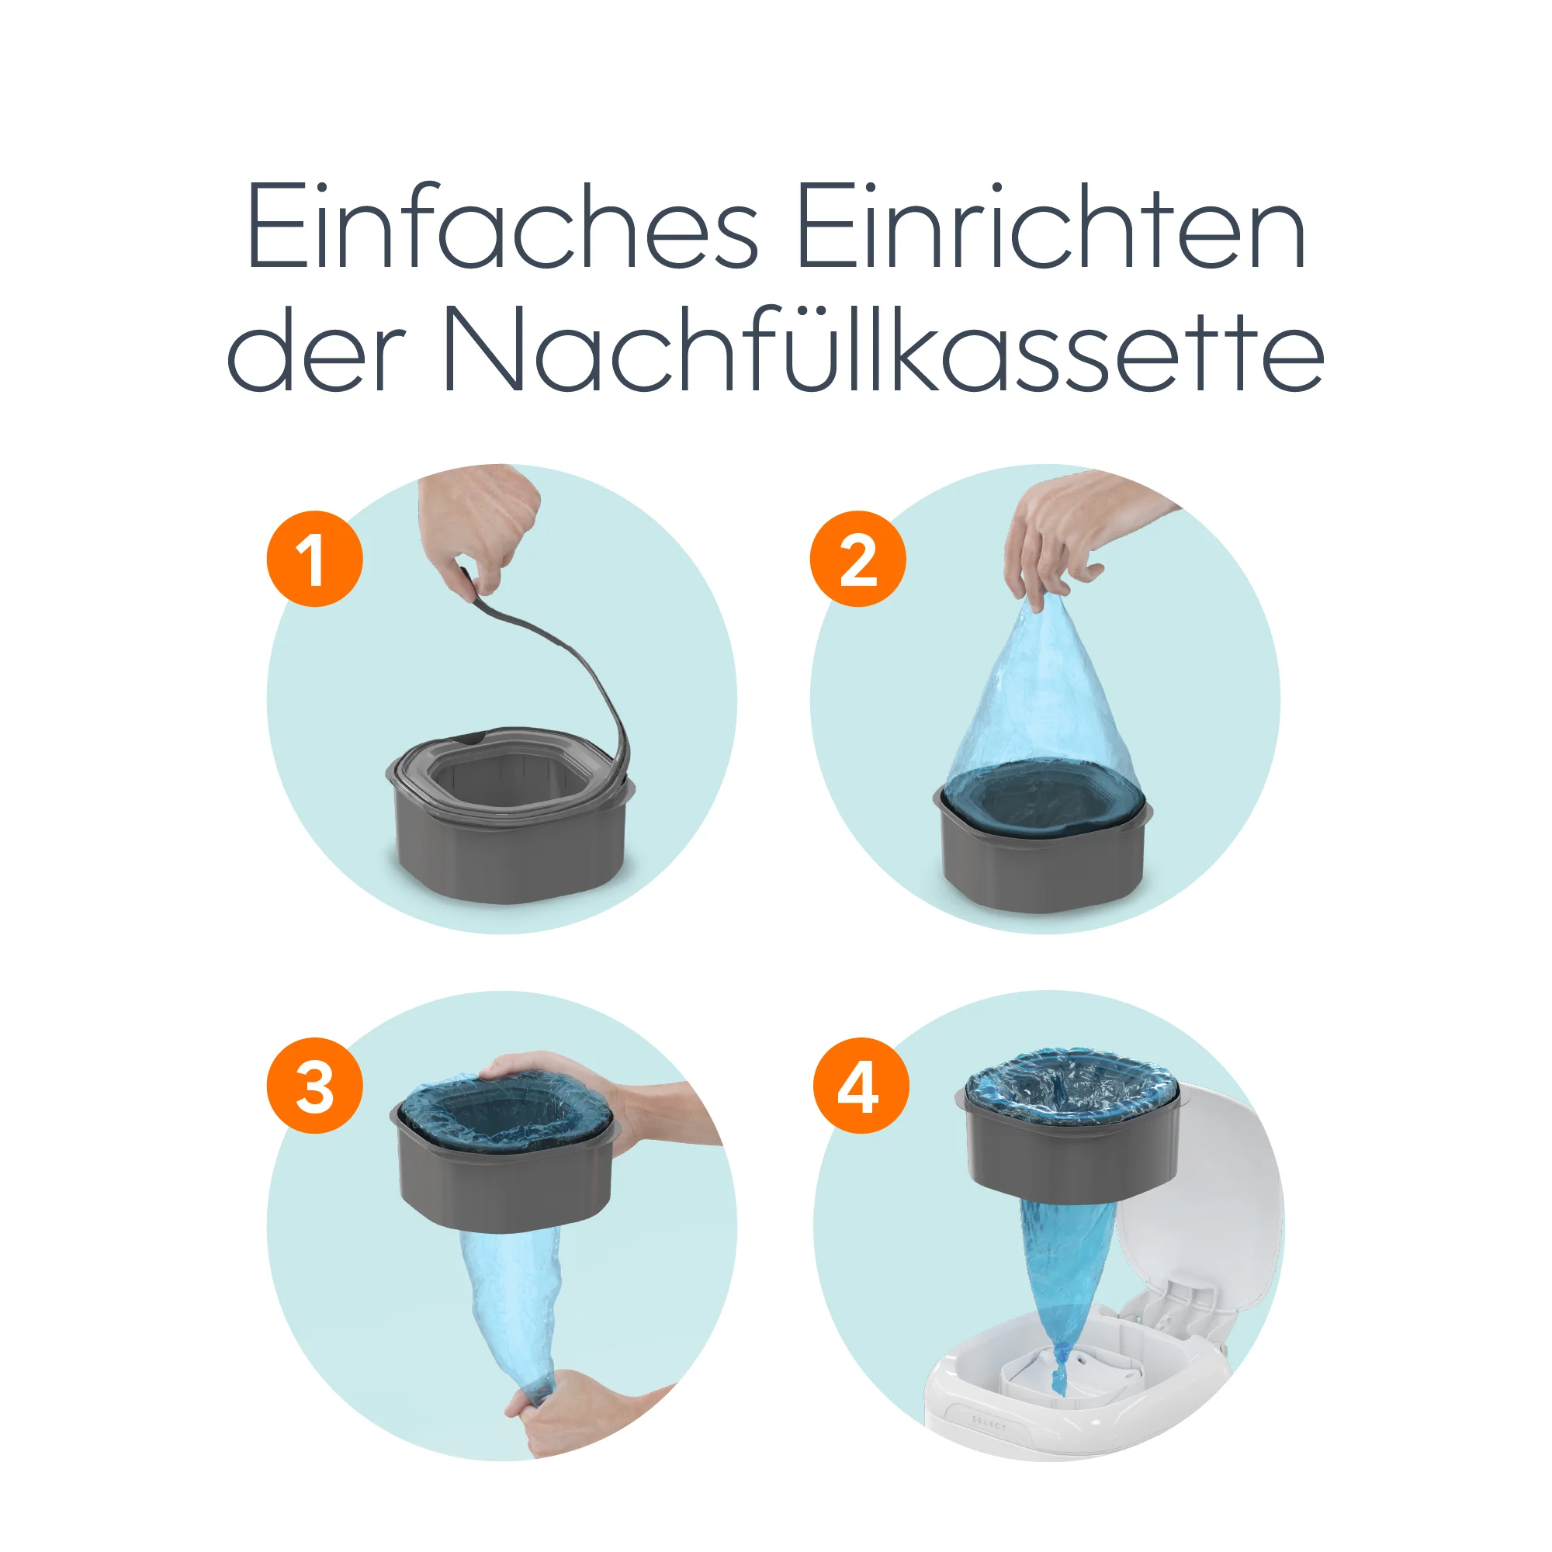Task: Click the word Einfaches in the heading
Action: (501, 227)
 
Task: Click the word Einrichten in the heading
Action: (1051, 227)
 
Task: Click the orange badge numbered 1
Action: (314, 558)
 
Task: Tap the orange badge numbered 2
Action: (857, 558)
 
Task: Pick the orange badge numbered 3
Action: (314, 1086)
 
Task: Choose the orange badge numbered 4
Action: (861, 1086)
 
